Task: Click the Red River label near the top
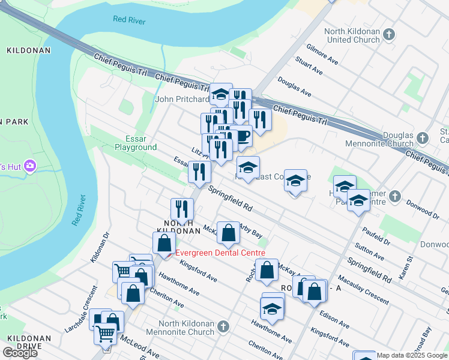click(x=130, y=19)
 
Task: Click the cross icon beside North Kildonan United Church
click(x=389, y=34)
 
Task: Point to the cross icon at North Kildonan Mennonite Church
click(x=223, y=326)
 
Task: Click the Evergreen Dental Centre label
click(x=220, y=253)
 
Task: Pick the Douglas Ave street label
click(x=294, y=90)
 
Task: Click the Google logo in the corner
click(x=20, y=353)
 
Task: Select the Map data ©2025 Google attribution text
click(x=412, y=355)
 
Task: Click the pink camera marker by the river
click(x=28, y=166)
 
